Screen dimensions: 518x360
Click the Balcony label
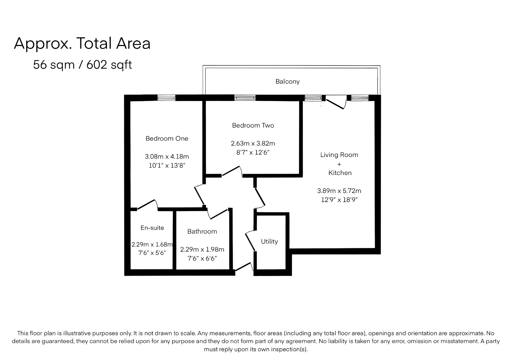[x=287, y=82]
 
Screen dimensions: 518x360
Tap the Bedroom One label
[x=167, y=138]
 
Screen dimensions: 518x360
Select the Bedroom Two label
[x=253, y=125]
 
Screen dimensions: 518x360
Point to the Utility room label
[x=269, y=242]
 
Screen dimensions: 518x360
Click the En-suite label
[x=152, y=228]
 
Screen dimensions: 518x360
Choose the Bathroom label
[x=202, y=231]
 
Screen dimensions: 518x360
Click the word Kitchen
[x=340, y=173]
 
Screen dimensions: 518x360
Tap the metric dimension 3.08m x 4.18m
[x=167, y=157]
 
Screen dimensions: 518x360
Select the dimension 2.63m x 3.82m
[x=253, y=143]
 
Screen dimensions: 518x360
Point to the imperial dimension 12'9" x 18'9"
[x=339, y=200]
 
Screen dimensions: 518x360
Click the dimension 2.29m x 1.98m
[x=202, y=249]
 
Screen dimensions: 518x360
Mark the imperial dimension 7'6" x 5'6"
[x=152, y=253]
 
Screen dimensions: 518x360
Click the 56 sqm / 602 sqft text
[x=82, y=65]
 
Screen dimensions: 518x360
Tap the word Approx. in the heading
[x=43, y=43]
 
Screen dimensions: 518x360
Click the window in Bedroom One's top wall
[x=166, y=98]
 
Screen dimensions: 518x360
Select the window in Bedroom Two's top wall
[x=245, y=98]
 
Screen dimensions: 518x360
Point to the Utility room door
[x=250, y=241]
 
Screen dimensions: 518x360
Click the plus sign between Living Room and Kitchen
[x=339, y=164]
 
